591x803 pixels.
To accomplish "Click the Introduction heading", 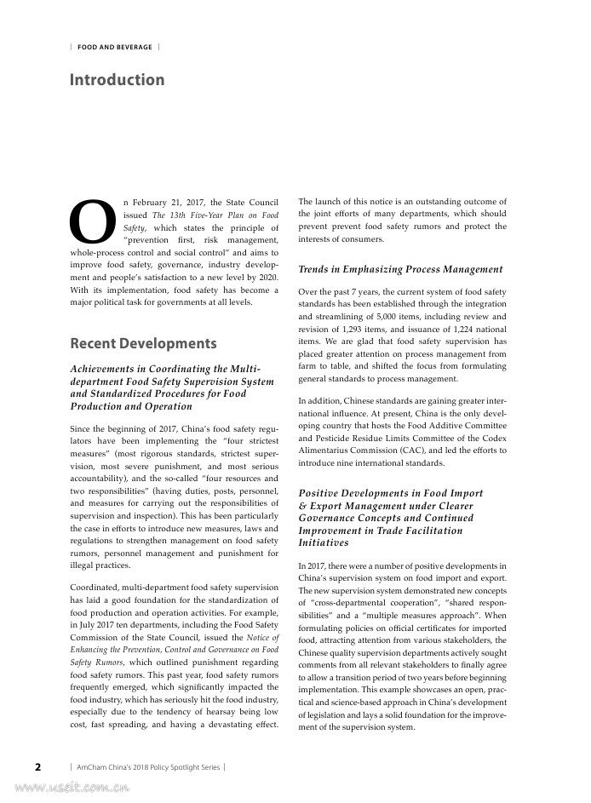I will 117,80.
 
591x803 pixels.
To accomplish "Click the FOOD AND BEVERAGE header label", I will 115,48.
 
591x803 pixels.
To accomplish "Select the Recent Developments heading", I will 143,343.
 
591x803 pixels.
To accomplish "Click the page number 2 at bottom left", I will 37,766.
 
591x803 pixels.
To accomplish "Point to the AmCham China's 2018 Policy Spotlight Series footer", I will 147,766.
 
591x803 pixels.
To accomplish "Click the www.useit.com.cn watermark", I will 65,789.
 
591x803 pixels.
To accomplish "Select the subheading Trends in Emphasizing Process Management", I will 400,269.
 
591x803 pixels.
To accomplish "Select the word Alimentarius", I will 324,451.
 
